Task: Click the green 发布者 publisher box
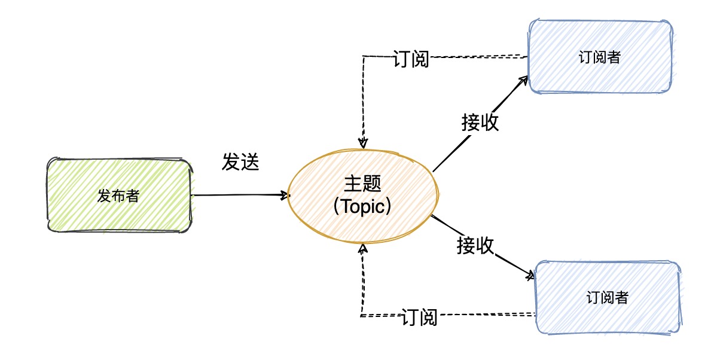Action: [120, 195]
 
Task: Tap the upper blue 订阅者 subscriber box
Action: [600, 57]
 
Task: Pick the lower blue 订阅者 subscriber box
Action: [608, 297]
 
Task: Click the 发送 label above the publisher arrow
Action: [240, 162]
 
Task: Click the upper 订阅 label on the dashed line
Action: [411, 59]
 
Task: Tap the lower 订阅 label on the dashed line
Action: [419, 317]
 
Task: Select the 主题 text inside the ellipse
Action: [362, 184]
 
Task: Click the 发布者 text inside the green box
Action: [119, 196]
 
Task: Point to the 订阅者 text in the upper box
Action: [600, 57]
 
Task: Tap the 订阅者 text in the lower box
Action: [608, 297]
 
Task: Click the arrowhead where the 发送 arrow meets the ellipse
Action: [285, 195]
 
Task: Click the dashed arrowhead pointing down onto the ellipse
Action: [362, 143]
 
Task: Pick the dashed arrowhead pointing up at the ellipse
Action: [362, 248]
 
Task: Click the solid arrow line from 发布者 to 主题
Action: [239, 195]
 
